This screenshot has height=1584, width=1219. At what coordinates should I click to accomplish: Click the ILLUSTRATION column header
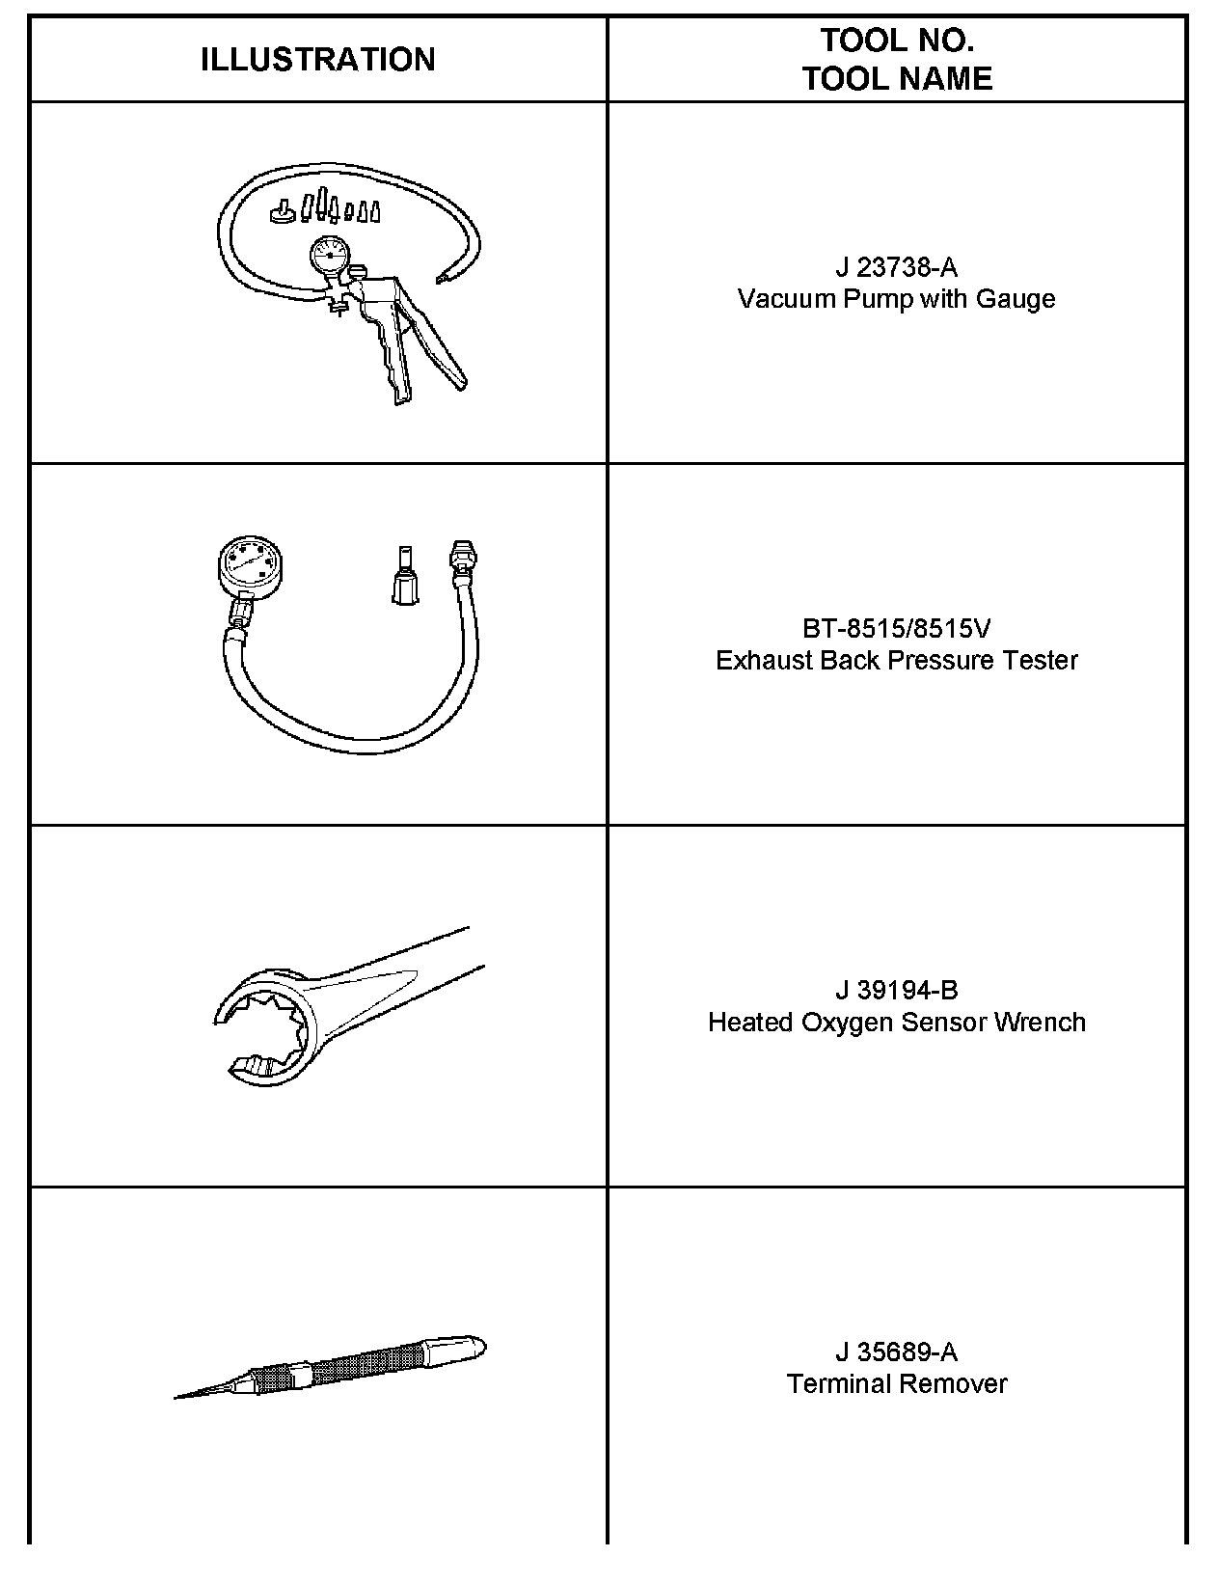pos(317,60)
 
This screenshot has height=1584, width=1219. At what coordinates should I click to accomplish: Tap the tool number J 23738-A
pos(896,268)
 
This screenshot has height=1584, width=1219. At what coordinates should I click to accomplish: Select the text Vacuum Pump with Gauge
pos(896,299)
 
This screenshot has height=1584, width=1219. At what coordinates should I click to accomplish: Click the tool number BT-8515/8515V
pos(896,628)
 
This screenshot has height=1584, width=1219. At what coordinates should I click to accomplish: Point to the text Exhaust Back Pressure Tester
pos(896,661)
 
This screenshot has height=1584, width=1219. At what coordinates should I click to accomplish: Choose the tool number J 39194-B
pos(896,990)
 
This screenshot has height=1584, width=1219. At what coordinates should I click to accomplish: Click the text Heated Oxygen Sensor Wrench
pos(896,1022)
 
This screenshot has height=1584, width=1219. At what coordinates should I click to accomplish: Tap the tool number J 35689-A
pos(896,1352)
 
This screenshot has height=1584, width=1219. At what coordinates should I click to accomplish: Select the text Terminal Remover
pos(896,1383)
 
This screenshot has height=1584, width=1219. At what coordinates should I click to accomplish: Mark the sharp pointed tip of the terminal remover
pos(175,1398)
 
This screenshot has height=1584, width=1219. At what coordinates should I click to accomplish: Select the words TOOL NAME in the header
pos(897,79)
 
